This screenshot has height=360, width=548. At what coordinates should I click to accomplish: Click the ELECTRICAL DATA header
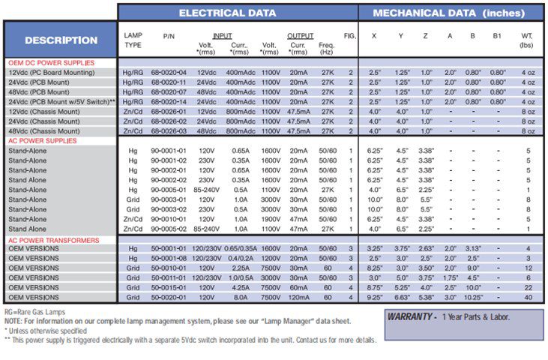coord(238,13)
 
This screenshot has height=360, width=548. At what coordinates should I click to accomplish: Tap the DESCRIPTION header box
coord(61,40)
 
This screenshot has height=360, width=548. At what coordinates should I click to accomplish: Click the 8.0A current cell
coord(241,297)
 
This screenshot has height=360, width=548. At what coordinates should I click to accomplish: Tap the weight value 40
coord(528,297)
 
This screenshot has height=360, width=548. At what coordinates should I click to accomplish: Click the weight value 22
coord(528,287)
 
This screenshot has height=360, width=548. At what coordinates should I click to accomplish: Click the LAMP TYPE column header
coord(133,40)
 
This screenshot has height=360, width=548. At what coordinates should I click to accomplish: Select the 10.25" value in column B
coord(473,297)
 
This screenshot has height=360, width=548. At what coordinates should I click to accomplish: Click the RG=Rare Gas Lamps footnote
coord(34,311)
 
